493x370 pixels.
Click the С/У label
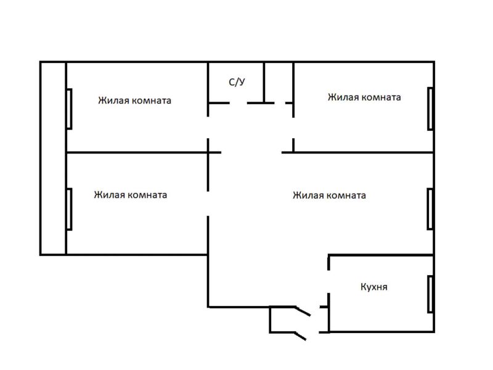pyautogui.click(x=237, y=81)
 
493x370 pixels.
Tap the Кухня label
pyautogui.click(x=374, y=287)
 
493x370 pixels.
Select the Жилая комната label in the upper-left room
pyautogui.click(x=134, y=100)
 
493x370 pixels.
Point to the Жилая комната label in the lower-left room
pyautogui.click(x=130, y=195)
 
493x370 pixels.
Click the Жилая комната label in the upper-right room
pyautogui.click(x=364, y=97)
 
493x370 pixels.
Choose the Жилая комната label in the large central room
pyautogui.click(x=329, y=195)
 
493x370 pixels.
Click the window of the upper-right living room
pyautogui.click(x=430, y=109)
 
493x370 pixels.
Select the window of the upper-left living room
pyautogui.click(x=69, y=109)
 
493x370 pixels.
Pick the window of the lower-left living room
pyautogui.click(x=69, y=208)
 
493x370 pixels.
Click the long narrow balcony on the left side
pyautogui.click(x=53, y=158)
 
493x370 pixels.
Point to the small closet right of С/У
pyautogui.click(x=279, y=81)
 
